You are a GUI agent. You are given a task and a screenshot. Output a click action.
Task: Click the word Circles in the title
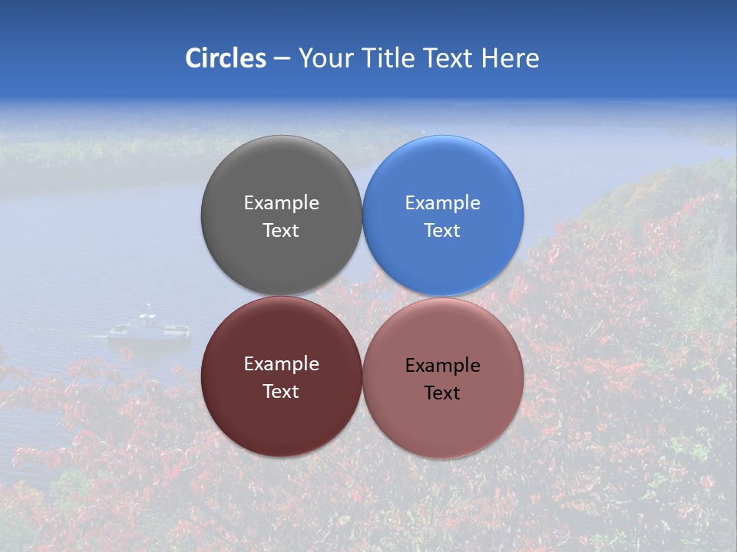[x=225, y=58]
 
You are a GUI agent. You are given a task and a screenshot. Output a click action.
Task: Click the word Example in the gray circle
[x=281, y=203]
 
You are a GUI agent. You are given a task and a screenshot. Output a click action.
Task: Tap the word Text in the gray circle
[x=281, y=231]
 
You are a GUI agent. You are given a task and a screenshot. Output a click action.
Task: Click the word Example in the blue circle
[x=443, y=203]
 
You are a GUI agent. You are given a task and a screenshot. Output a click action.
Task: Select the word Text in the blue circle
[x=443, y=231]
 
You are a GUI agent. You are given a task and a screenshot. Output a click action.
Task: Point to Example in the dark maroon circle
[x=281, y=364]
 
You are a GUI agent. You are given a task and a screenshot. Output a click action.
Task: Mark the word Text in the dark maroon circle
[x=281, y=392]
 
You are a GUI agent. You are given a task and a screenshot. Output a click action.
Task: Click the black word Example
[x=443, y=366]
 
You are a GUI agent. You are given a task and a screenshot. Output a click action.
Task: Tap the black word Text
[x=443, y=393]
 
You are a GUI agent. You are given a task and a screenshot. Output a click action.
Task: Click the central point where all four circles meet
[x=362, y=296]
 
